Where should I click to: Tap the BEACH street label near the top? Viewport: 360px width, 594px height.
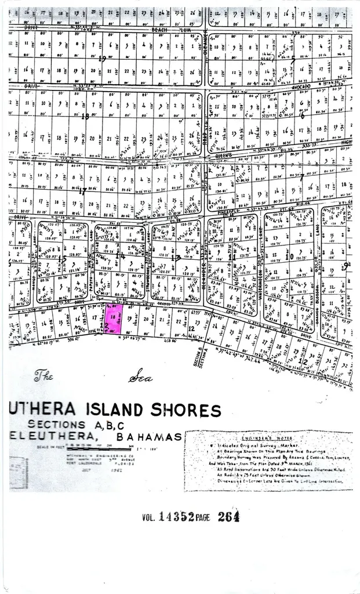(x=159, y=28)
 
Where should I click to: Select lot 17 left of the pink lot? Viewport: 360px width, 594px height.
(x=94, y=318)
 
